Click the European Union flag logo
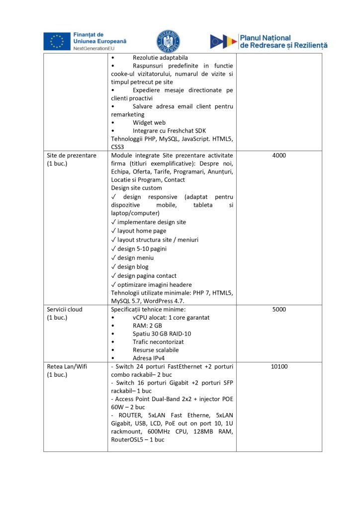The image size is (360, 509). pyautogui.click(x=56, y=41)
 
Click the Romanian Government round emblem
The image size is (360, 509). pyautogui.click(x=169, y=41)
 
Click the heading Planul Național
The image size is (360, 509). pyautogui.click(x=266, y=37)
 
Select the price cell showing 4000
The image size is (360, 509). pyautogui.click(x=279, y=156)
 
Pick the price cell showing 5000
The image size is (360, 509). pyautogui.click(x=279, y=309)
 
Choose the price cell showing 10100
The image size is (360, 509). pyautogui.click(x=279, y=367)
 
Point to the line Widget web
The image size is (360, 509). pyautogui.click(x=149, y=122)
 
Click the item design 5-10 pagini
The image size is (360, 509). pyautogui.click(x=142, y=249)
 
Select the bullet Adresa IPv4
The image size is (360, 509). pyautogui.click(x=149, y=357)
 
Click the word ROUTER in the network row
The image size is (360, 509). pyautogui.click(x=130, y=415)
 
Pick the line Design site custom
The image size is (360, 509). pyautogui.click(x=136, y=188)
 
